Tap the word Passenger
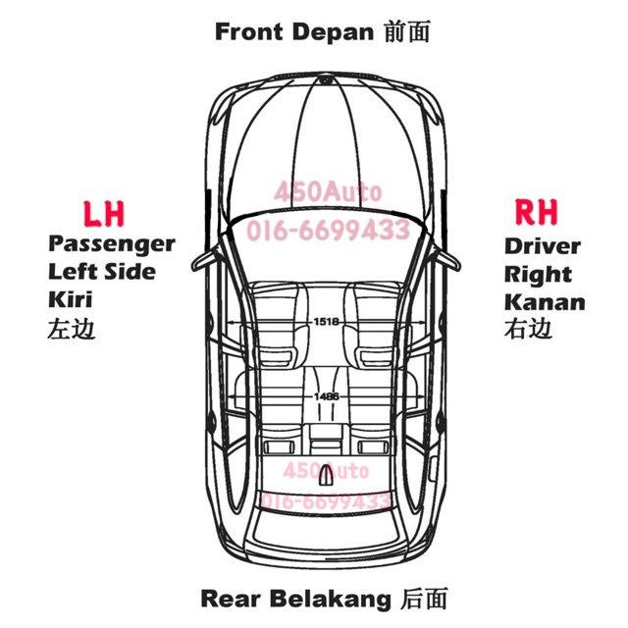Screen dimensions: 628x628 point(111,243)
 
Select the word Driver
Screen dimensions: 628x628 point(543,245)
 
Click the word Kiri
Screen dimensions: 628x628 point(70,299)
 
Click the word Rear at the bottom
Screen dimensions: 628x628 point(233,598)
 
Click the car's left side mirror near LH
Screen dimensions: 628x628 point(203,260)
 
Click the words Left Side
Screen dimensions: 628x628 point(102,271)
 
